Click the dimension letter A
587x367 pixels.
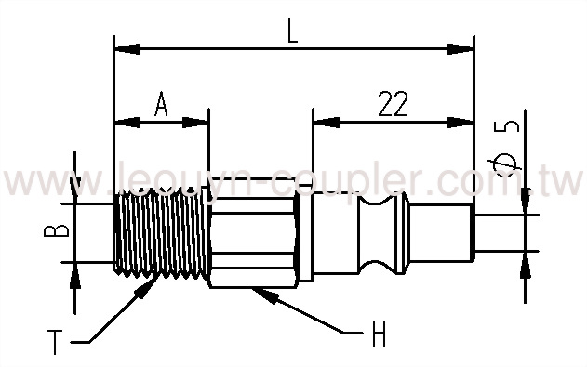[160, 105]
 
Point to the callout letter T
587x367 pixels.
[58, 345]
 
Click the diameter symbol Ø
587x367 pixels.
[506, 164]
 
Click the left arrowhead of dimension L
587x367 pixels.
[121, 46]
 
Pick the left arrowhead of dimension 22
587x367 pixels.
[321, 121]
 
